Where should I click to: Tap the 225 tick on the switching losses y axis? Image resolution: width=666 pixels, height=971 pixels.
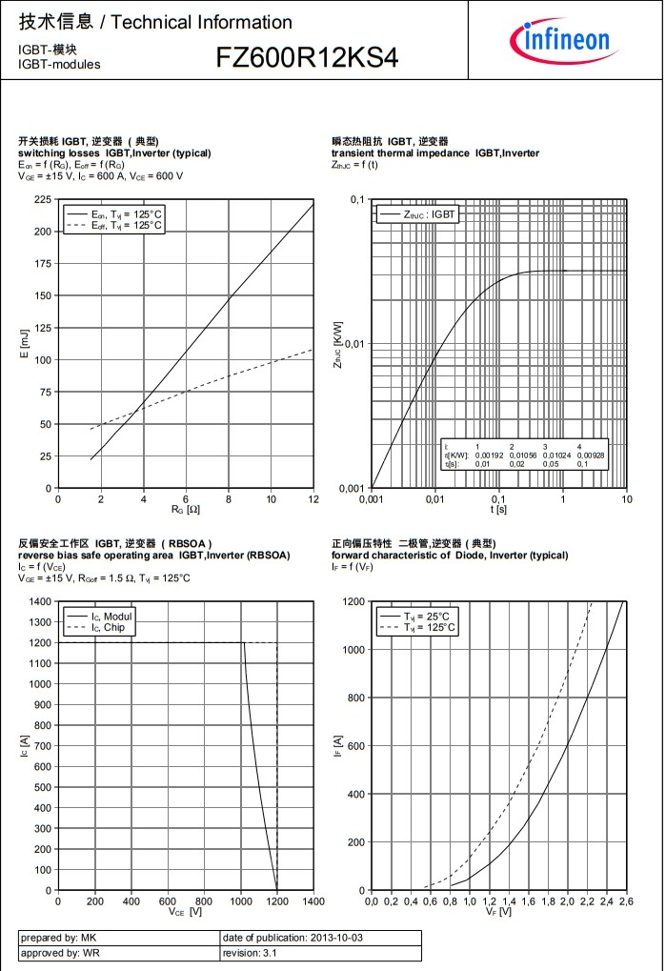tap(43, 199)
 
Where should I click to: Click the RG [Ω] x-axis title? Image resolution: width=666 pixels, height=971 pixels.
tap(185, 510)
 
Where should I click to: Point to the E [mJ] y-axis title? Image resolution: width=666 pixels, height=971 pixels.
tap(25, 343)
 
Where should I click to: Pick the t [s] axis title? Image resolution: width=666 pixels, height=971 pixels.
tap(498, 510)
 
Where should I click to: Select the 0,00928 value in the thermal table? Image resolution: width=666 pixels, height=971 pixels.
tap(591, 455)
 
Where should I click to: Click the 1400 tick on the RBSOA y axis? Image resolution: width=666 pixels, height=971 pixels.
tap(40, 601)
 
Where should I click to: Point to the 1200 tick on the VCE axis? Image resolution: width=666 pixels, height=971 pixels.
tap(276, 900)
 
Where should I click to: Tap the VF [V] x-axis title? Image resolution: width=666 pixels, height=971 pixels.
tap(498, 912)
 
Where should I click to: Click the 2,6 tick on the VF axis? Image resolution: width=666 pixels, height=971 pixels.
tap(625, 900)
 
